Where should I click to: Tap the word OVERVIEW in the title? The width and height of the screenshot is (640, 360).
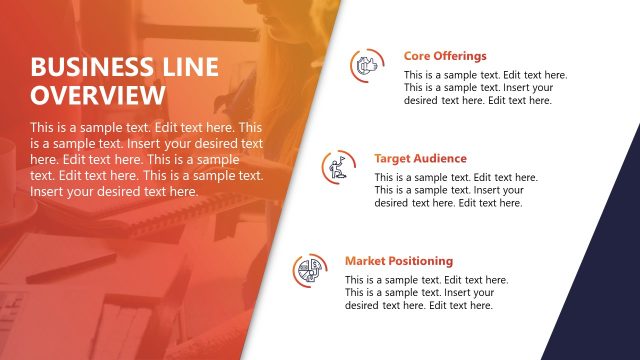[x=97, y=96]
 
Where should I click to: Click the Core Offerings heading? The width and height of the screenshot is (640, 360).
[x=445, y=56]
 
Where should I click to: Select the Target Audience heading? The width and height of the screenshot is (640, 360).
[x=420, y=158]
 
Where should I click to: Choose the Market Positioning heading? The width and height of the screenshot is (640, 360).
[x=399, y=261]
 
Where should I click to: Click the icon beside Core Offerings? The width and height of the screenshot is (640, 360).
[x=366, y=66]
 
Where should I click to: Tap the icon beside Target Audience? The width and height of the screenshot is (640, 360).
[x=338, y=167]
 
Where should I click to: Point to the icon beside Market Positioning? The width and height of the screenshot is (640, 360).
[x=308, y=270]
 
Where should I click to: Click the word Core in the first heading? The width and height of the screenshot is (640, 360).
[x=417, y=56]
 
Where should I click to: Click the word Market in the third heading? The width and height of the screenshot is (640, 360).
[x=364, y=261]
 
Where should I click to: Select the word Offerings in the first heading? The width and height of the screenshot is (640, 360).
[x=460, y=56]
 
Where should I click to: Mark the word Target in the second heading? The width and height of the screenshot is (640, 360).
[x=392, y=158]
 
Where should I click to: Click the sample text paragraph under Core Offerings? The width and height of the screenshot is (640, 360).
[x=485, y=88]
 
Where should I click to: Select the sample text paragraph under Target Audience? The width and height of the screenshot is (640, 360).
[x=455, y=190]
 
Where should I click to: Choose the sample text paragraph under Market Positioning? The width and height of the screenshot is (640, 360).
[x=426, y=293]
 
